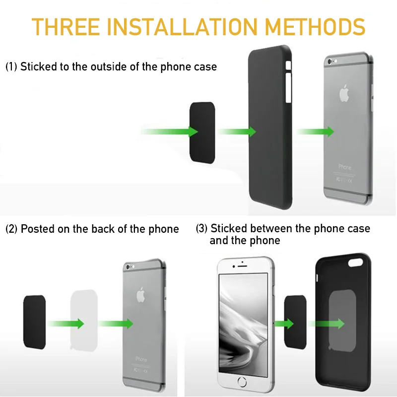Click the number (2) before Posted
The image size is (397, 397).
pyautogui.click(x=11, y=229)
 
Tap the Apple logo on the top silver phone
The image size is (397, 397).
pyautogui.click(x=345, y=93)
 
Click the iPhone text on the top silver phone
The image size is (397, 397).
pyautogui.click(x=345, y=167)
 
